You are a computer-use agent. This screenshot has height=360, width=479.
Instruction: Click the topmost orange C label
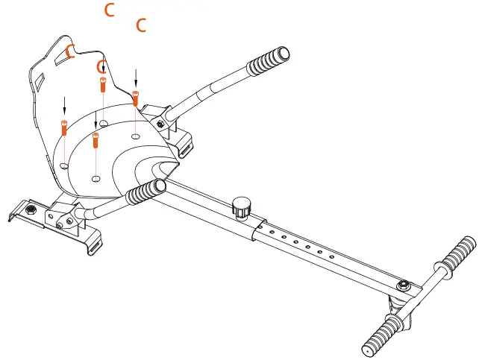[x=110, y=10]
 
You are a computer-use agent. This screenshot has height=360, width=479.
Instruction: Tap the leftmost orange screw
[x=64, y=127]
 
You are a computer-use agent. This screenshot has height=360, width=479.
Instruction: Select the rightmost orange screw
[x=135, y=98]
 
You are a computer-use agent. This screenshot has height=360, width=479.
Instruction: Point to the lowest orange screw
[x=96, y=139]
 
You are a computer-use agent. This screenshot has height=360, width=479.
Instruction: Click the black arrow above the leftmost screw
[x=64, y=104]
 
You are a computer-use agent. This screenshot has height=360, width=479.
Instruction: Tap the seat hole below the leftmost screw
[x=65, y=165]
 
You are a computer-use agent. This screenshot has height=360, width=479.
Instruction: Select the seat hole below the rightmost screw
[x=135, y=136]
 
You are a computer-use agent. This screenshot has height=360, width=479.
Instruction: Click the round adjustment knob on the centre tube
[x=241, y=206]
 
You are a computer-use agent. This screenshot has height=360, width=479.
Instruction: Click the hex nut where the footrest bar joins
[x=404, y=285]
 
